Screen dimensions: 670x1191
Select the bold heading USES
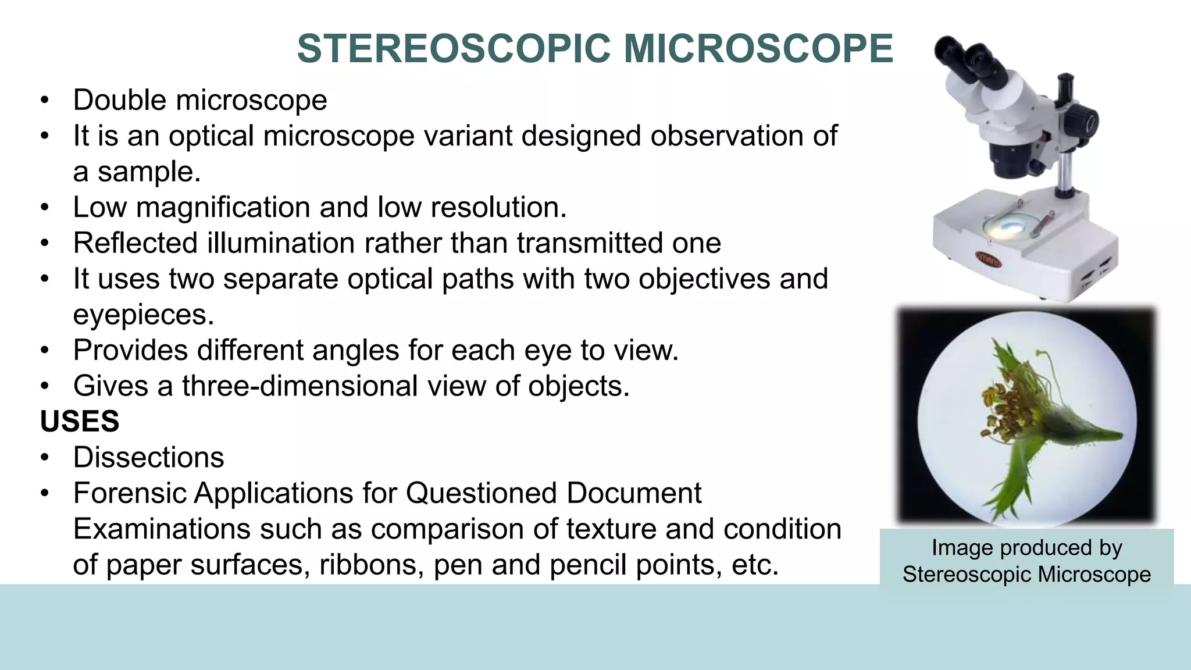coord(80,421)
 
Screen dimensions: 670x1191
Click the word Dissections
coord(148,457)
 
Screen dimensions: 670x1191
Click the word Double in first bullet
coord(120,100)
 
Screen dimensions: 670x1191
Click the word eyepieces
coord(143,315)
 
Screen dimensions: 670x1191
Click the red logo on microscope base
coord(988,260)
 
